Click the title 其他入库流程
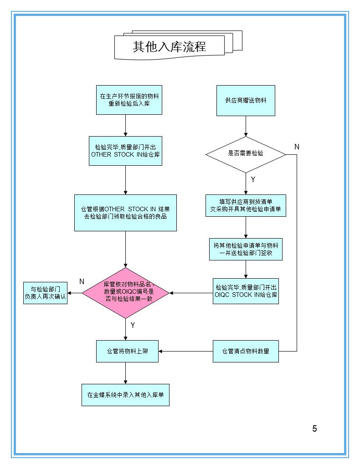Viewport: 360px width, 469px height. click(170, 46)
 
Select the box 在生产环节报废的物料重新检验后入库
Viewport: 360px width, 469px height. click(129, 100)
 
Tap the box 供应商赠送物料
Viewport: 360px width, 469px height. click(246, 100)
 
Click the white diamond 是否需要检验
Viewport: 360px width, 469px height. click(246, 154)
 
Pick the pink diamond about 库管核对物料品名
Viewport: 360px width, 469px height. click(125, 293)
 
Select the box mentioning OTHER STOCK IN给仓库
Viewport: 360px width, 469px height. click(125, 151)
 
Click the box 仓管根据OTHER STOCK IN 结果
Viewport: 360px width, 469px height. click(125, 213)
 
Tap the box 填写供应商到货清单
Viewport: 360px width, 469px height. click(246, 205)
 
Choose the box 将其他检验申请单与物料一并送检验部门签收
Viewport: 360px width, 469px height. click(246, 249)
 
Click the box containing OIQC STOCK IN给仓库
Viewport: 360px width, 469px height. click(246, 291)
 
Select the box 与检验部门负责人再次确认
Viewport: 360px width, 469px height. click(45, 293)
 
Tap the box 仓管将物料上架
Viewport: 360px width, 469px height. click(127, 351)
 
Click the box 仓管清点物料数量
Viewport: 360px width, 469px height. click(246, 351)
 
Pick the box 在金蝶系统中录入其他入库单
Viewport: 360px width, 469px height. click(125, 395)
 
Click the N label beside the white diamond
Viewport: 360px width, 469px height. click(297, 147)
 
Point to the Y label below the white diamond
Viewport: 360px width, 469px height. click(253, 179)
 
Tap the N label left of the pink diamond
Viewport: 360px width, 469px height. click(82, 282)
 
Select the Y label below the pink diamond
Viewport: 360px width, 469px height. click(133, 325)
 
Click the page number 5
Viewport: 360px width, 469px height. click(314, 428)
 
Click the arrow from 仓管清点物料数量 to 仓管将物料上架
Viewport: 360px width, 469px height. click(185, 351)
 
